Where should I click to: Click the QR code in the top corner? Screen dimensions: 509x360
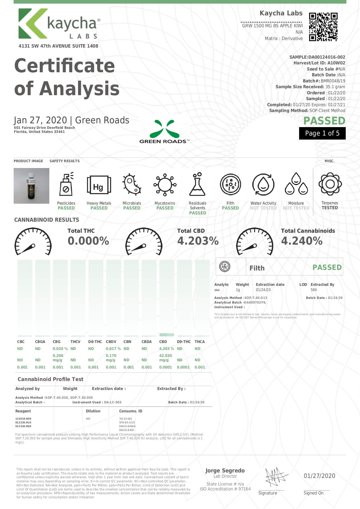pyautogui.click(x=323, y=27)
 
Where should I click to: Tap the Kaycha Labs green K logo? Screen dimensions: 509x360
pyautogui.click(x=33, y=24)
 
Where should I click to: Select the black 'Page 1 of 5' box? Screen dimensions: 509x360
pyautogui.click(x=322, y=133)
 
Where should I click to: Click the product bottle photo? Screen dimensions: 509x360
pyautogui.click(x=31, y=186)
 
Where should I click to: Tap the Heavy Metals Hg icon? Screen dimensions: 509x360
pyautogui.click(x=99, y=185)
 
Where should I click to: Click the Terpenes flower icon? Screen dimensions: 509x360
pyautogui.click(x=330, y=184)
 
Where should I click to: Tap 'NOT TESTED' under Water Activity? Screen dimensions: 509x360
pyautogui.click(x=263, y=208)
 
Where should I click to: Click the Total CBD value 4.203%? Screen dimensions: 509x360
pyautogui.click(x=198, y=241)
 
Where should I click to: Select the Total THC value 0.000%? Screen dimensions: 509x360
pyautogui.click(x=88, y=241)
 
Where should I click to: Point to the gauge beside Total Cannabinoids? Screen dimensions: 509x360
pyautogui.click(x=255, y=242)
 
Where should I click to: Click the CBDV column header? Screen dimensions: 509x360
pyautogui.click(x=111, y=342)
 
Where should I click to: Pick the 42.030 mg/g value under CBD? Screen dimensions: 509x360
pyautogui.click(x=165, y=358)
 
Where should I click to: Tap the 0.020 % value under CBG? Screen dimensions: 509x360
pyautogui.click(x=60, y=349)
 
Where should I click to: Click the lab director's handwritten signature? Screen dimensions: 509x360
pyautogui.click(x=275, y=476)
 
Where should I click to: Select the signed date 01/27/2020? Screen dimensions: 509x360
pyautogui.click(x=319, y=476)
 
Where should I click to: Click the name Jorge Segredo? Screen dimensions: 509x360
pyautogui.click(x=225, y=470)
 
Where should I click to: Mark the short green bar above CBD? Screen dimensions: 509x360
pyautogui.click(x=167, y=335)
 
